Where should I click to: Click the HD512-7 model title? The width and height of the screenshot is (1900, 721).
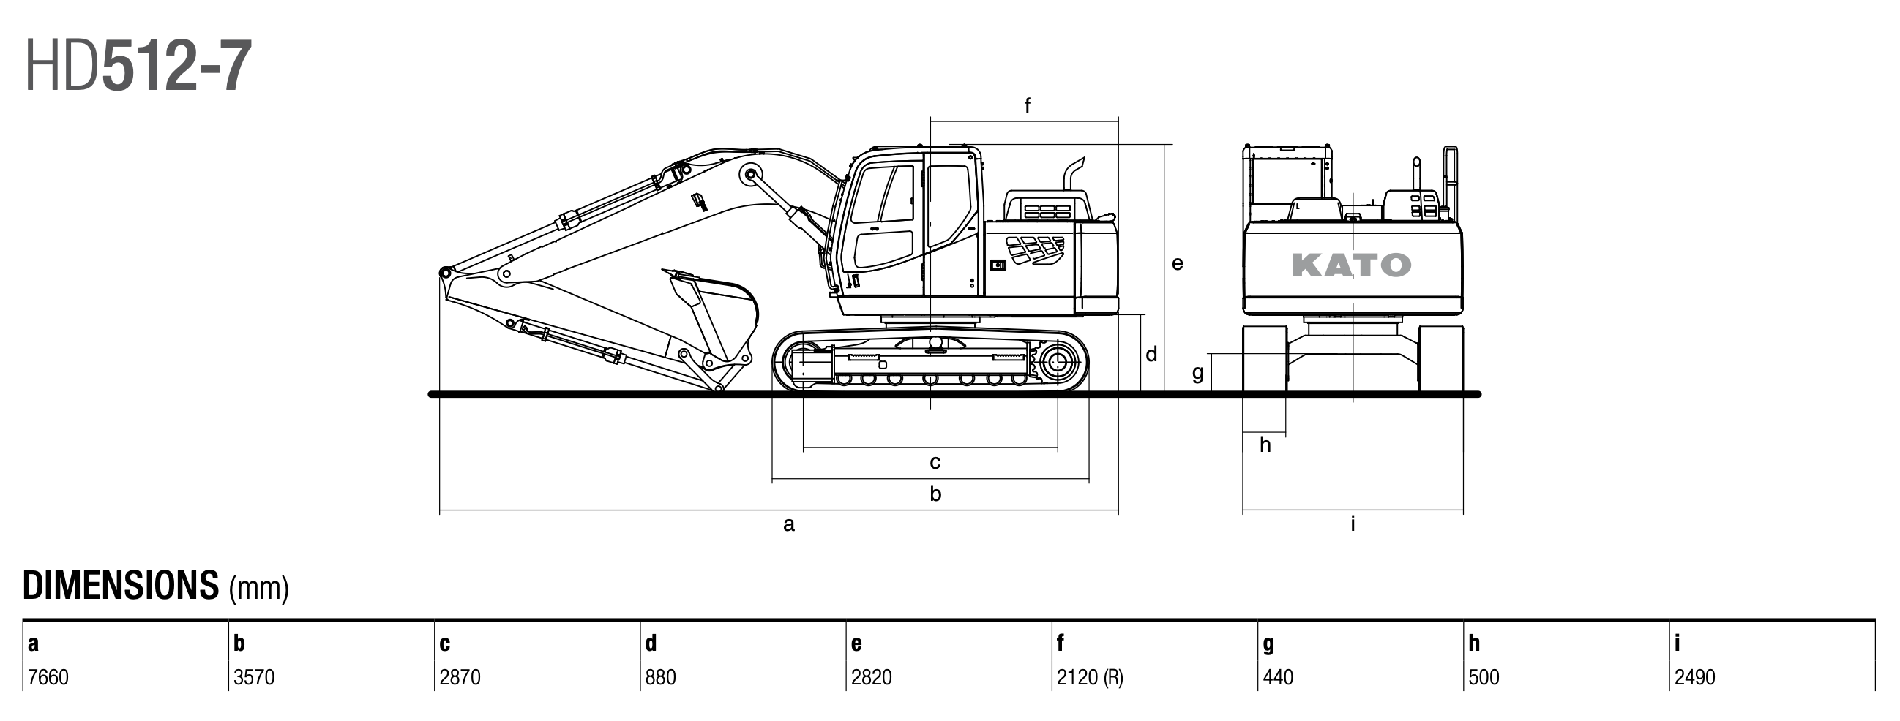[138, 67]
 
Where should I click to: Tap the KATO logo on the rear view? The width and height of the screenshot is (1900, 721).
[1351, 265]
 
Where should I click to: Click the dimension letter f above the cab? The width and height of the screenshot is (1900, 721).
[1027, 106]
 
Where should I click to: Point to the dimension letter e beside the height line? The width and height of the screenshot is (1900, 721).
[1177, 263]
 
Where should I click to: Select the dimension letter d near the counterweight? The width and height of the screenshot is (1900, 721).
[1151, 355]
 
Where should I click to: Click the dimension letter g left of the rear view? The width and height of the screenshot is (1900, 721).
[1198, 373]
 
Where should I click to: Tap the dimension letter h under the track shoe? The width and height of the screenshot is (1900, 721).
[1265, 445]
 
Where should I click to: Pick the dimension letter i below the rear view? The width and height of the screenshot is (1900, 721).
[1353, 524]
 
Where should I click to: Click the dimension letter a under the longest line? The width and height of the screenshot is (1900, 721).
[788, 525]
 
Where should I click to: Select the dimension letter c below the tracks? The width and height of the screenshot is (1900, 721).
[935, 462]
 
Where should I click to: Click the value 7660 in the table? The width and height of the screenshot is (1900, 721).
[48, 677]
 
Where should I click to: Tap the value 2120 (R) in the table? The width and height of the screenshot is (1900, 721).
[1089, 677]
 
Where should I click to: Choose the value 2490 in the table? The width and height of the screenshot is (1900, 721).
[1694, 677]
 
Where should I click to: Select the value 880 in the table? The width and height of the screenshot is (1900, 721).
[660, 677]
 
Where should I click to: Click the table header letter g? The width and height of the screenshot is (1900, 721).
[1268, 643]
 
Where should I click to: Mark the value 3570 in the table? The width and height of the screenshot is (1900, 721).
[254, 677]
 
